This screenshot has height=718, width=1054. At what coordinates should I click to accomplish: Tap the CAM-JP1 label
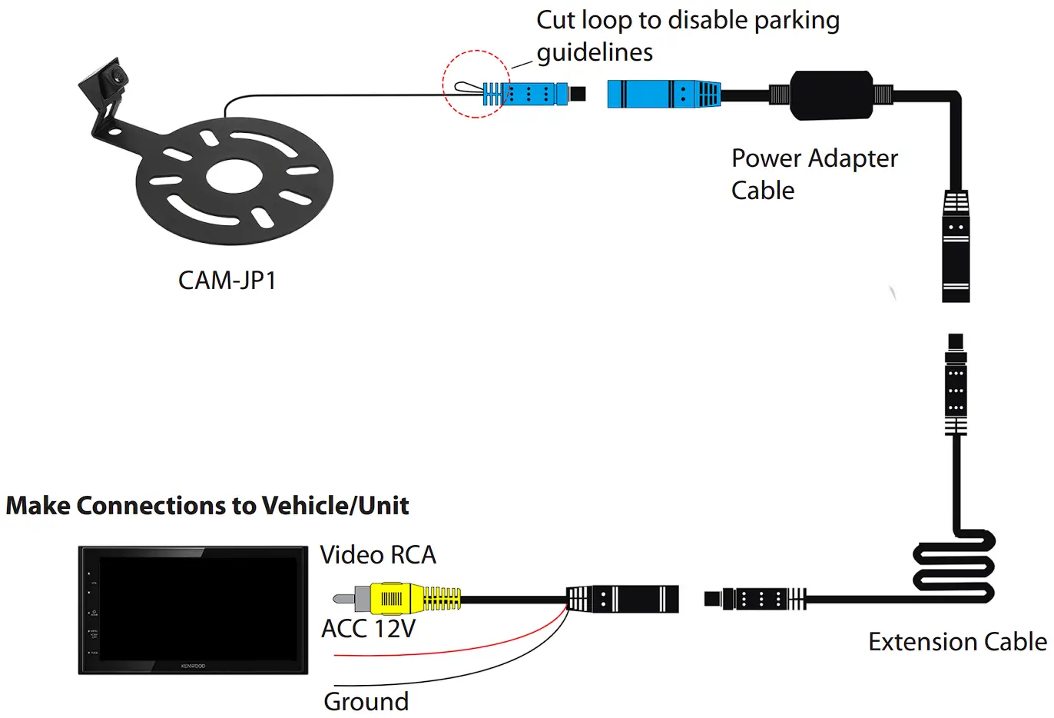pyautogui.click(x=227, y=281)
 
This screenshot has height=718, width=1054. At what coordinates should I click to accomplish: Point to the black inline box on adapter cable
pyautogui.click(x=831, y=95)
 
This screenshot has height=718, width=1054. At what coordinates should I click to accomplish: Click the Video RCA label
pyautogui.click(x=377, y=555)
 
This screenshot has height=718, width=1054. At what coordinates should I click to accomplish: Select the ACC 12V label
pyautogui.click(x=368, y=629)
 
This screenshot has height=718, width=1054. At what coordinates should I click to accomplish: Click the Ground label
pyautogui.click(x=366, y=701)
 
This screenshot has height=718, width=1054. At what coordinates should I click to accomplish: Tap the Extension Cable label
pyautogui.click(x=956, y=642)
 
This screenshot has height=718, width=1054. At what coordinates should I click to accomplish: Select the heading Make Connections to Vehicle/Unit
pyautogui.click(x=207, y=506)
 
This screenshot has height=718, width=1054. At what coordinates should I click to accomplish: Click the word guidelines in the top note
pyautogui.click(x=595, y=52)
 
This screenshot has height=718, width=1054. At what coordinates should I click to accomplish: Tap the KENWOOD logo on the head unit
pyautogui.click(x=193, y=666)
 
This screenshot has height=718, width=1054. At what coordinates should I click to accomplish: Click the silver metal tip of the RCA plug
pyautogui.click(x=343, y=598)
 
